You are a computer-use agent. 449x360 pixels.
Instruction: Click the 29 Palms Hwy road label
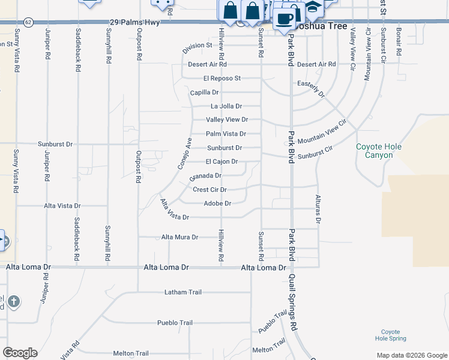pos(134,22)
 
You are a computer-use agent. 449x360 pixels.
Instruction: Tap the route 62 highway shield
pos(29,22)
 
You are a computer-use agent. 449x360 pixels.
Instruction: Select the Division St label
pos(198,45)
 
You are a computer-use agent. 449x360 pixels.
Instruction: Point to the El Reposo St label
pos(221,78)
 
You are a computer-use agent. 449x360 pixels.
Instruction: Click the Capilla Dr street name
pos(204,92)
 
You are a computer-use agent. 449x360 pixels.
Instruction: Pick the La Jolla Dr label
pos(226,106)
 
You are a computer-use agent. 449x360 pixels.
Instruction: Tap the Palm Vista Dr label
pos(226,134)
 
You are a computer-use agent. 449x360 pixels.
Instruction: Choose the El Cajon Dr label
pos(221,161)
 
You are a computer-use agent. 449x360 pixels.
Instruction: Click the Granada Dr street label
pos(206,176)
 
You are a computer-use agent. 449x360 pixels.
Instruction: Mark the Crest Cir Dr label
pos(209,190)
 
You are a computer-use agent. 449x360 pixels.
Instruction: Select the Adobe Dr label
pos(217,203)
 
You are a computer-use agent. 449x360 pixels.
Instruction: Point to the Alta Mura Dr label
pos(179,237)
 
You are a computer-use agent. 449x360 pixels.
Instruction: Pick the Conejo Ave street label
pos(184,153)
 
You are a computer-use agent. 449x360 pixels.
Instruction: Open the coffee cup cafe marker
pos(284,18)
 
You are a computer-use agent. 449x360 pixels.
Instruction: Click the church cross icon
pos(14,301)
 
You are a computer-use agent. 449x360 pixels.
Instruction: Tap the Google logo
pos(20,353)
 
